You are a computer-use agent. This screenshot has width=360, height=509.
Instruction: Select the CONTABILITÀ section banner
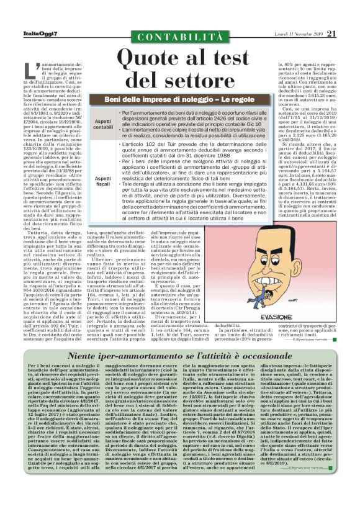click(x=180, y=38)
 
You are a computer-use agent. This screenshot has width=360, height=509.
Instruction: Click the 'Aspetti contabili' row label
click(x=102, y=124)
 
